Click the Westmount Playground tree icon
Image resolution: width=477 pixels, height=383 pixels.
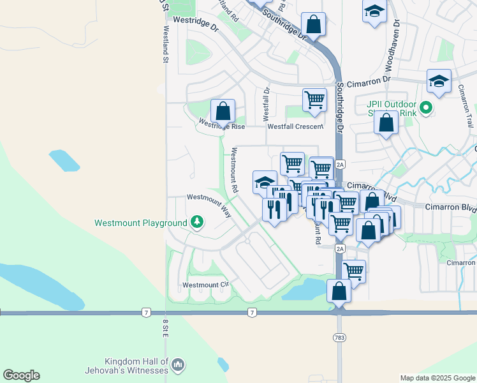point(198,222)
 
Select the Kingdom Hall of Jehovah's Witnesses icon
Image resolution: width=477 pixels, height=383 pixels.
point(179,364)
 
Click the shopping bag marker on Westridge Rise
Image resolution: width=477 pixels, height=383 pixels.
point(223,111)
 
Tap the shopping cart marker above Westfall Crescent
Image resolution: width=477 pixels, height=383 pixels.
point(314,100)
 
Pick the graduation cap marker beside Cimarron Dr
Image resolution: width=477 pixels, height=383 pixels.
point(439,81)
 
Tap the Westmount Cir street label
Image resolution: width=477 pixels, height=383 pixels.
point(205,285)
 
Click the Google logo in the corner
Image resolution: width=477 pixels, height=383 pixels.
point(22,375)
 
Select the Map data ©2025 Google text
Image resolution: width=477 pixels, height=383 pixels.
point(437,378)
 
